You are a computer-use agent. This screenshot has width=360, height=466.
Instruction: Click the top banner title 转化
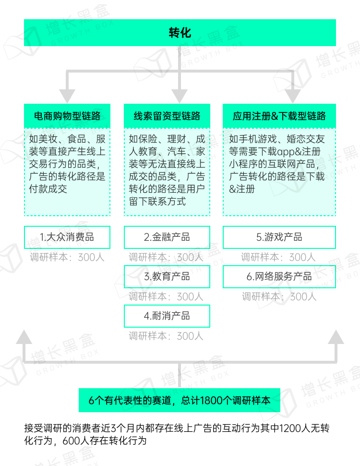click(x=180, y=33)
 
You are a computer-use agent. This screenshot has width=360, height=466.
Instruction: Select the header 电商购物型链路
click(x=67, y=116)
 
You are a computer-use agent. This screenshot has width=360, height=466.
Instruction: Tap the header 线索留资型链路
click(x=167, y=116)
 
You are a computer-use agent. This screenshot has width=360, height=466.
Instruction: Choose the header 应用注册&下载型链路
click(x=279, y=116)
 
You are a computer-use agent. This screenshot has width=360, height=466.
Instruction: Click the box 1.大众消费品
click(x=67, y=237)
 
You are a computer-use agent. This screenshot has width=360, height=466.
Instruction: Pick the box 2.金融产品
click(x=167, y=237)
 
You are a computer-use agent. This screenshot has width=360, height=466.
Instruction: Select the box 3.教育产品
click(x=167, y=276)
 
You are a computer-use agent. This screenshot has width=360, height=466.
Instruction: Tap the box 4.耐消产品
click(x=167, y=316)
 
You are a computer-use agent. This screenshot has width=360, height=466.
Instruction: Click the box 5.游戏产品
click(x=279, y=237)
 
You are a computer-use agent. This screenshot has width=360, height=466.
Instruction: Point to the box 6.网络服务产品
click(x=279, y=276)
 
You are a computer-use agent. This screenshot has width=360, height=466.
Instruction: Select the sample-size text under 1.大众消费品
click(x=67, y=257)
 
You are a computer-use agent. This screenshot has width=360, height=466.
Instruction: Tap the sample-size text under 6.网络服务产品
click(x=279, y=296)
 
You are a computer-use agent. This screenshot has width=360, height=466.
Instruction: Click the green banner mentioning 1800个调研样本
click(x=180, y=400)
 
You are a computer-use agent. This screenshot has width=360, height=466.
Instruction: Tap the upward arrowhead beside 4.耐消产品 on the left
click(x=24, y=337)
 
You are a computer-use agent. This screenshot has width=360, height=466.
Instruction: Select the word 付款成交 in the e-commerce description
click(x=48, y=189)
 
